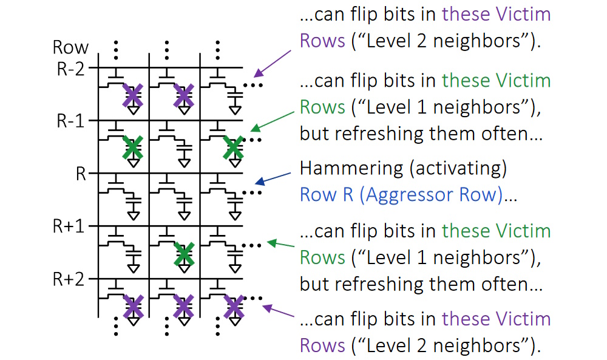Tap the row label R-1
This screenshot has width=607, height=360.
(72, 120)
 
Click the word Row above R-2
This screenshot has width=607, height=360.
(70, 47)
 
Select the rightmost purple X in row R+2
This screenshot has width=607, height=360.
(232, 307)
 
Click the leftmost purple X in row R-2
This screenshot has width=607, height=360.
(133, 96)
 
